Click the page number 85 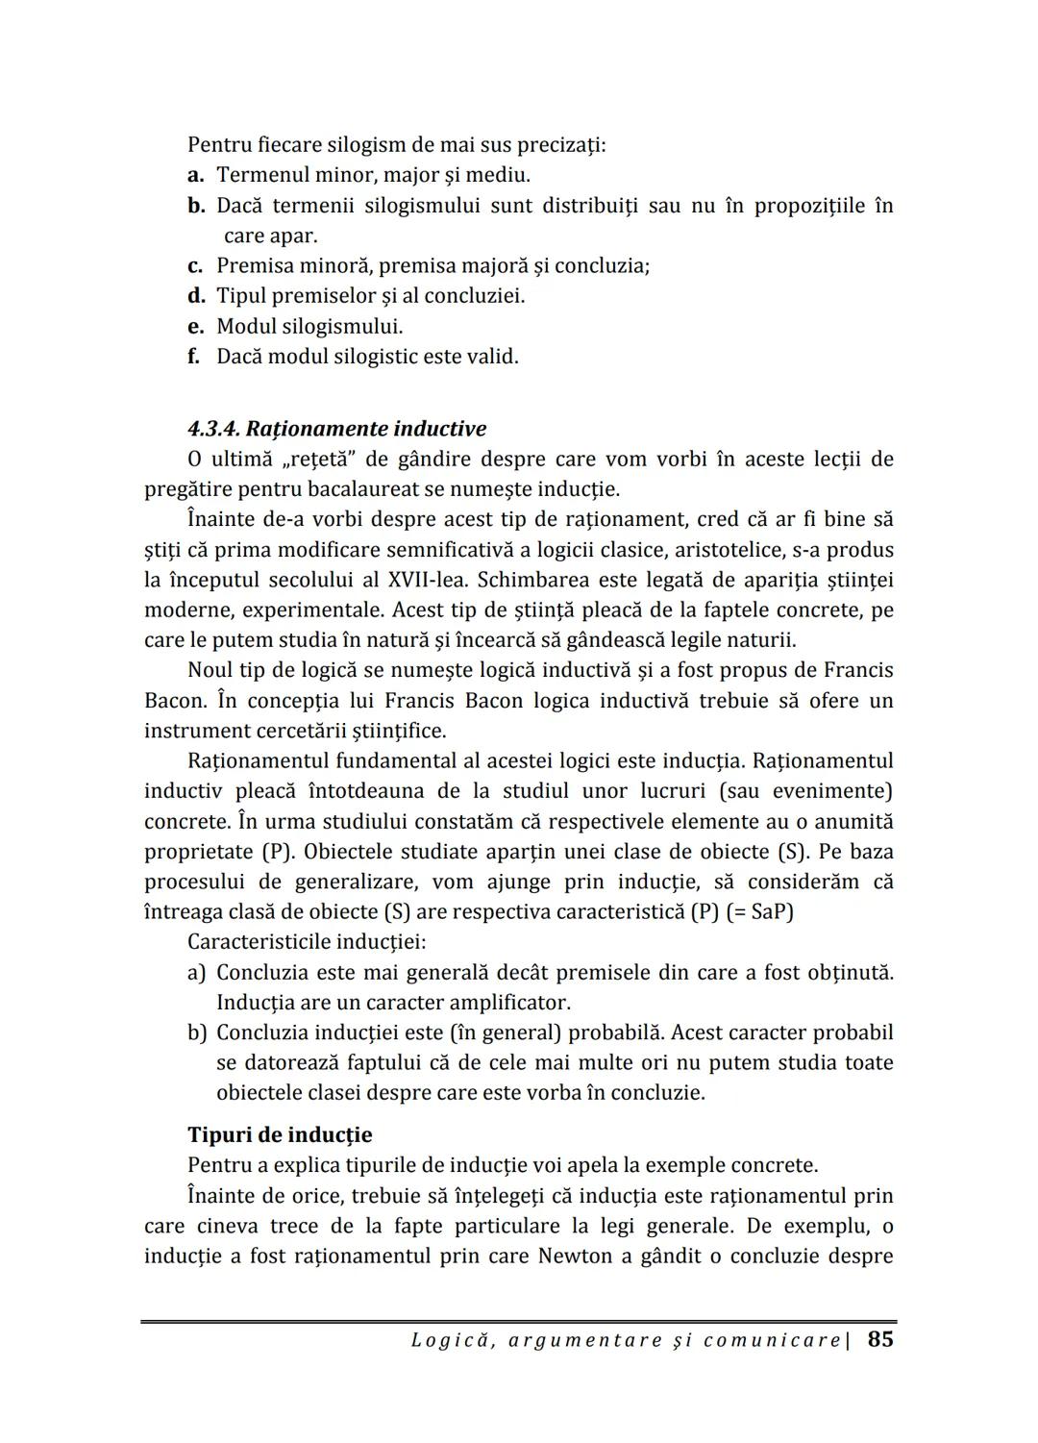[x=880, y=1339]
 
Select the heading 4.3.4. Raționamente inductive [x=336, y=429]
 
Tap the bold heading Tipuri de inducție [x=280, y=1134]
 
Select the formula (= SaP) [x=759, y=911]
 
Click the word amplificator [x=510, y=1003]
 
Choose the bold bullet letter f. [x=194, y=357]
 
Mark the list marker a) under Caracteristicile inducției [x=196, y=973]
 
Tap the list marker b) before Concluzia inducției [x=197, y=1033]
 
